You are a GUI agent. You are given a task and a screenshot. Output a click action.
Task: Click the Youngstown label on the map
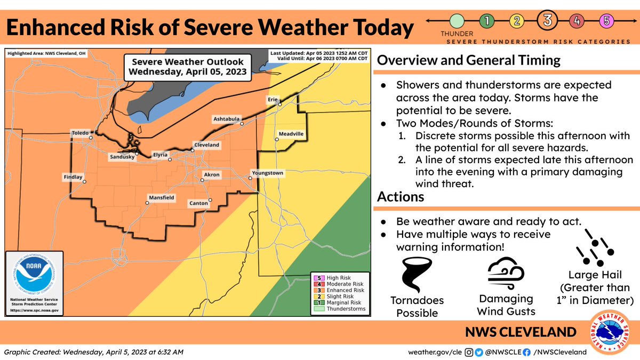(x=267, y=173)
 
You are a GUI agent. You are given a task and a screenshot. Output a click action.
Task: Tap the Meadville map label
(x=291, y=133)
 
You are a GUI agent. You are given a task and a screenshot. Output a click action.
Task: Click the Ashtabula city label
(x=227, y=118)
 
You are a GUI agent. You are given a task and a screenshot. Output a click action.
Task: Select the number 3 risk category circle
(x=548, y=21)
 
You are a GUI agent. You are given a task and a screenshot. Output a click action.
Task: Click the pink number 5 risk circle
(x=607, y=21)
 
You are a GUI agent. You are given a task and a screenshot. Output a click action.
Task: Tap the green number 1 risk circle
(x=486, y=21)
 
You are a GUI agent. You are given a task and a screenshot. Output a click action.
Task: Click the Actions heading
(x=401, y=197)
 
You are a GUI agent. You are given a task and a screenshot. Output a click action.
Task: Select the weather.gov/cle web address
(x=434, y=352)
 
